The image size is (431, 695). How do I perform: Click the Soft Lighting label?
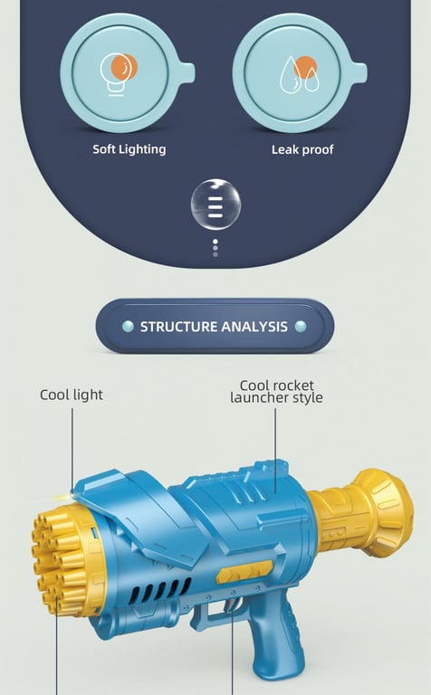click(x=129, y=149)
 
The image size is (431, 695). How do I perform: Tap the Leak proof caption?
click(x=302, y=149)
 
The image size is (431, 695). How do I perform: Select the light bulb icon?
click(x=118, y=74)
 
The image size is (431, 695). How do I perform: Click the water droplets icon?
click(x=300, y=74)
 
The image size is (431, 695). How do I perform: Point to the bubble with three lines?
click(x=215, y=205)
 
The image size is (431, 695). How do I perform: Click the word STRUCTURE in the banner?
click(x=178, y=327)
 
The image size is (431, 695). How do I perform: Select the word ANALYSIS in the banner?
click(x=254, y=327)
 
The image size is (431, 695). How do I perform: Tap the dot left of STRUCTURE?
click(x=128, y=327)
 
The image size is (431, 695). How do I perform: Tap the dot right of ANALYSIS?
click(x=301, y=327)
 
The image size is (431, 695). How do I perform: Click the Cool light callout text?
click(x=72, y=395)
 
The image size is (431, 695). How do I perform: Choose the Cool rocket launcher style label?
click(x=276, y=391)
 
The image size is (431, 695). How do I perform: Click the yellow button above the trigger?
click(x=244, y=572)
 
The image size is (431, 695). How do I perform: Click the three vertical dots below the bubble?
click(x=215, y=248)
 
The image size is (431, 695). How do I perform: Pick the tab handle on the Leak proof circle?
click(x=357, y=73)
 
